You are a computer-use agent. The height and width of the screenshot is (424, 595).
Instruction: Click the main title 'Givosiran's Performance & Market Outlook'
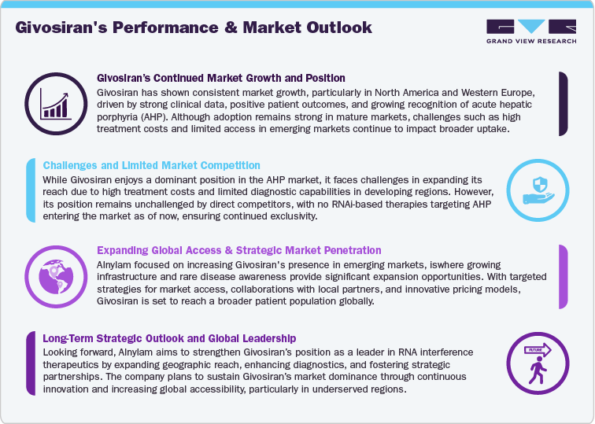coord(194,28)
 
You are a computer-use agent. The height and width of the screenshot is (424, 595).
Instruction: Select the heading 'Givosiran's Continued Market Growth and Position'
coord(220,79)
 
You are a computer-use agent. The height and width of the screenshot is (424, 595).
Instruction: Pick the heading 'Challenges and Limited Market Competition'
coord(151,165)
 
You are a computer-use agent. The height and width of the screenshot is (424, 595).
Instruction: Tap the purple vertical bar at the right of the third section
coord(564,276)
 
